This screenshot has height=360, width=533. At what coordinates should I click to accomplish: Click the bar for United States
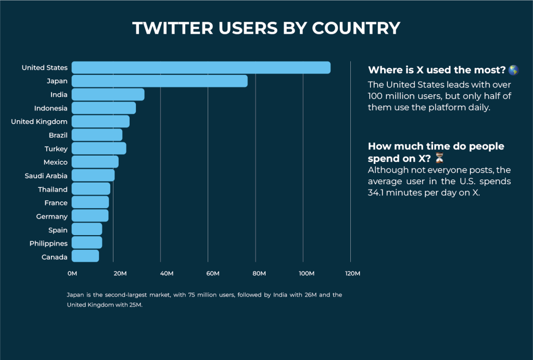201,68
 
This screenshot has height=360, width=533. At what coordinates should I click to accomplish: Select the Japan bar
159,81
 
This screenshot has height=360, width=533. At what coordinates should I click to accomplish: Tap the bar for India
108,95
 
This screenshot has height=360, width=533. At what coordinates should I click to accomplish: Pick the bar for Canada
85,256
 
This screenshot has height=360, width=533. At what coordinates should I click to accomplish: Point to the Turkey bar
99,149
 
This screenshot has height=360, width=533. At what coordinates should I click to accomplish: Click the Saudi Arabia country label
46,176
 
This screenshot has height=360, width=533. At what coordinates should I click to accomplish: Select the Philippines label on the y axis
48,243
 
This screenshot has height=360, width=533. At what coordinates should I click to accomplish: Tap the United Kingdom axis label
39,122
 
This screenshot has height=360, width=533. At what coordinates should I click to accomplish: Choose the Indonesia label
50,108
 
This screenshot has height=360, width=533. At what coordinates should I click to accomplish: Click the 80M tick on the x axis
259,274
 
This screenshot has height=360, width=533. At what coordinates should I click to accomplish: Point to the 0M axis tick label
72,274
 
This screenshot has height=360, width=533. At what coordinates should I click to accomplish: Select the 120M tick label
352,274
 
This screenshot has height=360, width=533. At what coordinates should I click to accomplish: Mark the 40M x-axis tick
167,274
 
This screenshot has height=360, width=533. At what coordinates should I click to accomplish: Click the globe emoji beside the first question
513,70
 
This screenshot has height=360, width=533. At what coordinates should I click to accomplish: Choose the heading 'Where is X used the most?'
437,70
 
